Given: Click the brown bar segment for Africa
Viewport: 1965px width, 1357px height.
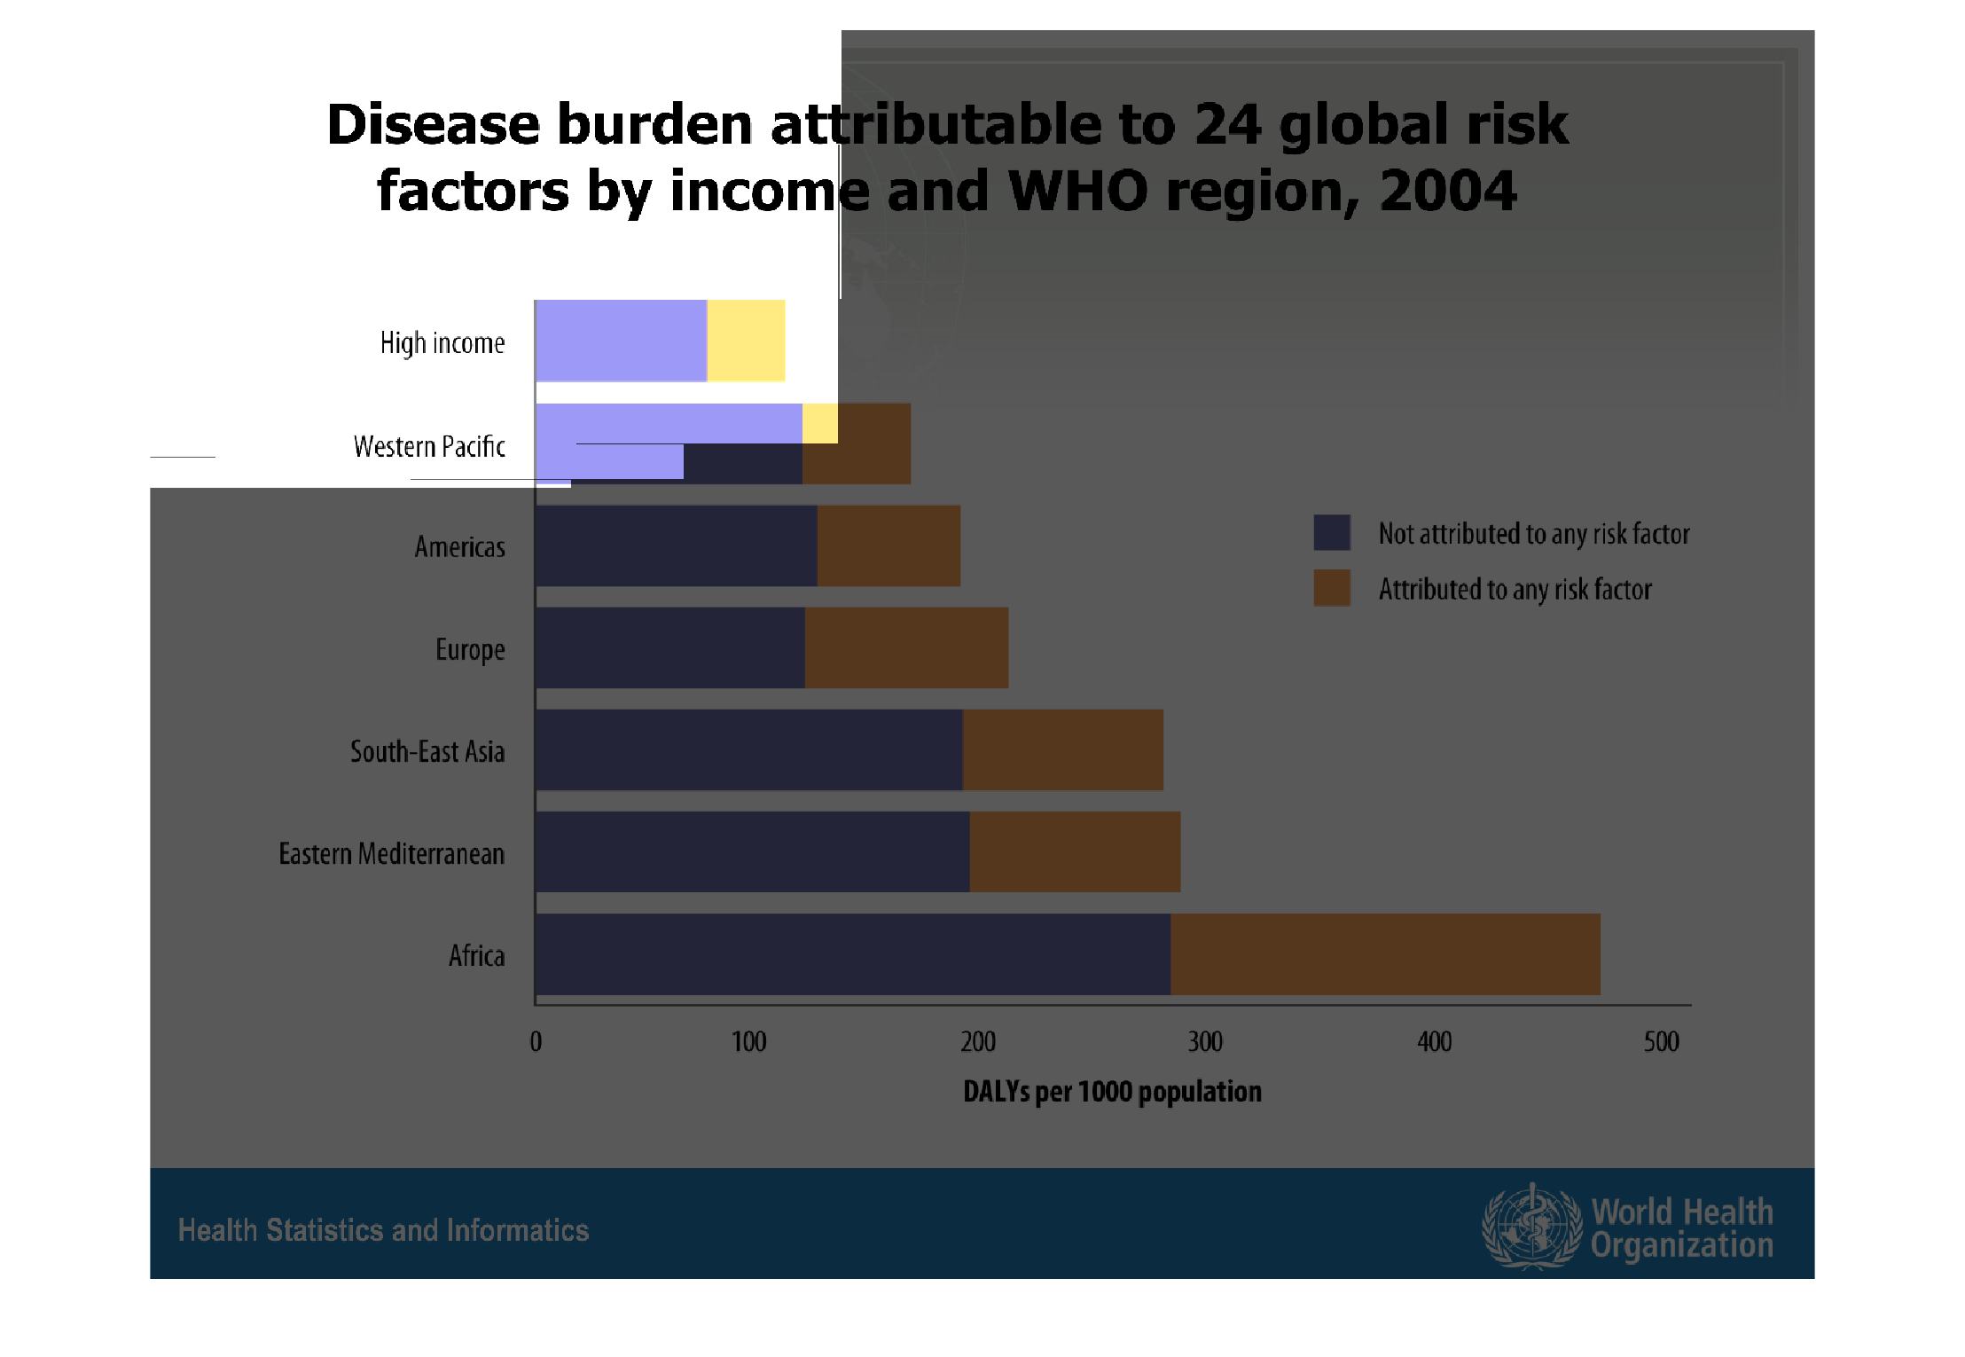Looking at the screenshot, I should (1384, 954).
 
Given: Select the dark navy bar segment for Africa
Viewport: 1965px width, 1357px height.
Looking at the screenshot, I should (852, 954).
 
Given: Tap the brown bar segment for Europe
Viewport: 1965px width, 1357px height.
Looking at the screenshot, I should (905, 647).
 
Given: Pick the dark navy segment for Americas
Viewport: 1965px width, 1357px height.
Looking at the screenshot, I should (676, 545).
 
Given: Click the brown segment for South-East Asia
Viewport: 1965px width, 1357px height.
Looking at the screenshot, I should (1062, 749).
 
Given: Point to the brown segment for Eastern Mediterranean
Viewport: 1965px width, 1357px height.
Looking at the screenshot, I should (1074, 851).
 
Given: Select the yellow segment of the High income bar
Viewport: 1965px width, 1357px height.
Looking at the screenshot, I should (745, 341).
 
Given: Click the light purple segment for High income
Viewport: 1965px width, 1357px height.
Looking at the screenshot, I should (621, 341).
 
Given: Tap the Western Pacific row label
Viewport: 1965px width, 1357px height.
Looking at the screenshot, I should (429, 446).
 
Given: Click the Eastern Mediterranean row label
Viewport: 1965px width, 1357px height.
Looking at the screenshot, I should (391, 853).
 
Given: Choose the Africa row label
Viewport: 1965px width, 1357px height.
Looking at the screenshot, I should (476, 955).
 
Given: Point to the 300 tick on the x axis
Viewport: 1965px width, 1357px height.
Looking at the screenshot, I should (1205, 1041).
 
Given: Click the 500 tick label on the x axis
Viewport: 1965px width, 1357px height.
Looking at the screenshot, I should (1661, 1041).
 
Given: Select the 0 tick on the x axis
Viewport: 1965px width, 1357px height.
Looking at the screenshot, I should (536, 1041).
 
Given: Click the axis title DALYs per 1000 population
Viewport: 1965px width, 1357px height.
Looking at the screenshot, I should (1112, 1091).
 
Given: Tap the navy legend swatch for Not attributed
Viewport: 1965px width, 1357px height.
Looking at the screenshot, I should (1331, 532).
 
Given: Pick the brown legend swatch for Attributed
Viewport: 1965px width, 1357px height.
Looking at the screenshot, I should (1331, 587).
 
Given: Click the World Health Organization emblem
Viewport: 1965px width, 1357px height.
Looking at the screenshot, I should (1531, 1227).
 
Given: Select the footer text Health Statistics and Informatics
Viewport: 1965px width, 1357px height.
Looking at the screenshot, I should (383, 1230).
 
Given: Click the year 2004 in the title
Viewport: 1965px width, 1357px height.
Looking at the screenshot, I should (1447, 191).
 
